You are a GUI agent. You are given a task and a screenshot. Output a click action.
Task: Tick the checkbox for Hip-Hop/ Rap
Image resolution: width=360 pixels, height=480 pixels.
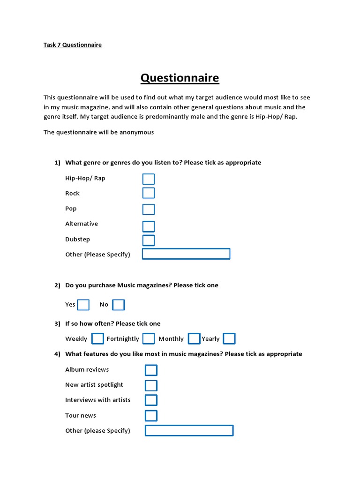(x=149, y=179)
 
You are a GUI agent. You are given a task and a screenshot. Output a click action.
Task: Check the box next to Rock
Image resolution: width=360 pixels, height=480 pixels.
(x=149, y=193)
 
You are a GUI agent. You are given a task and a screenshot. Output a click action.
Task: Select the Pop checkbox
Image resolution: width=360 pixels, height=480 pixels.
(x=149, y=209)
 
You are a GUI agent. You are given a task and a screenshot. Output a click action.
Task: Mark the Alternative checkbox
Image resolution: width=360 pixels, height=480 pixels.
(x=149, y=226)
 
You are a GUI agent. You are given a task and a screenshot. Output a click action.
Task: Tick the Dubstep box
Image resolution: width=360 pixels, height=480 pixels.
(x=149, y=240)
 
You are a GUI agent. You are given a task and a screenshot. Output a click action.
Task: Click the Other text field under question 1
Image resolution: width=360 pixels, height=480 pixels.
(x=186, y=254)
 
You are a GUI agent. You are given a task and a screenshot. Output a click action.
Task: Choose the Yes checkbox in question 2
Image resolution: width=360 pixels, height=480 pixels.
(x=83, y=305)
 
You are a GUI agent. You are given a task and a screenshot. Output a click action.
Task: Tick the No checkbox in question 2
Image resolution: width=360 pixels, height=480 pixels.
(x=119, y=305)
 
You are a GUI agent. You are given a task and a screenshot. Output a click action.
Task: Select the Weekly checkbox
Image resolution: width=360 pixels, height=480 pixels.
(x=97, y=338)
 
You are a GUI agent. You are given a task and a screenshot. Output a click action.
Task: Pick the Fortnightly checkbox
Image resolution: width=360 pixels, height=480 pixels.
(x=149, y=338)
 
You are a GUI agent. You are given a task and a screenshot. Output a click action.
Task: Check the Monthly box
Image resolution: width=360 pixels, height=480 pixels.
(x=194, y=338)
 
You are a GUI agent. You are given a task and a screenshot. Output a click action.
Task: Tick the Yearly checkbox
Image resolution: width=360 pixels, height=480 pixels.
(x=229, y=338)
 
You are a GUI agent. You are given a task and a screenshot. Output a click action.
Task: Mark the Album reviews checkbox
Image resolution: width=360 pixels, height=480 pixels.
(x=151, y=370)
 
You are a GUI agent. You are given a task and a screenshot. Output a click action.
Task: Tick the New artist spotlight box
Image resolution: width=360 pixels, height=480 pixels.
(x=151, y=385)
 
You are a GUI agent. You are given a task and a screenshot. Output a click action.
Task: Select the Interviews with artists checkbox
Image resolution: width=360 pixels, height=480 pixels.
(x=151, y=400)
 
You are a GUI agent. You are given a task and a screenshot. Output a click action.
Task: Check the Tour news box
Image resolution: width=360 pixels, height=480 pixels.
(x=151, y=415)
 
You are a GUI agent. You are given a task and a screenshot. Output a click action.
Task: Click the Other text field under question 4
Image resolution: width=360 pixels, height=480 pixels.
(x=189, y=430)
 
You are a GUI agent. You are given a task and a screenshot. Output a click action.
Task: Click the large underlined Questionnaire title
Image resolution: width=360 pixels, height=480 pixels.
(x=180, y=78)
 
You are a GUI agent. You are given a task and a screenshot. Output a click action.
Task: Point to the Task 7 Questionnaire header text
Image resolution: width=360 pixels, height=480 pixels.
(x=73, y=45)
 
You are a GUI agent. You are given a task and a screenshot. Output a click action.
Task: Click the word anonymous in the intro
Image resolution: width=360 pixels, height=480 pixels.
(x=136, y=132)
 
